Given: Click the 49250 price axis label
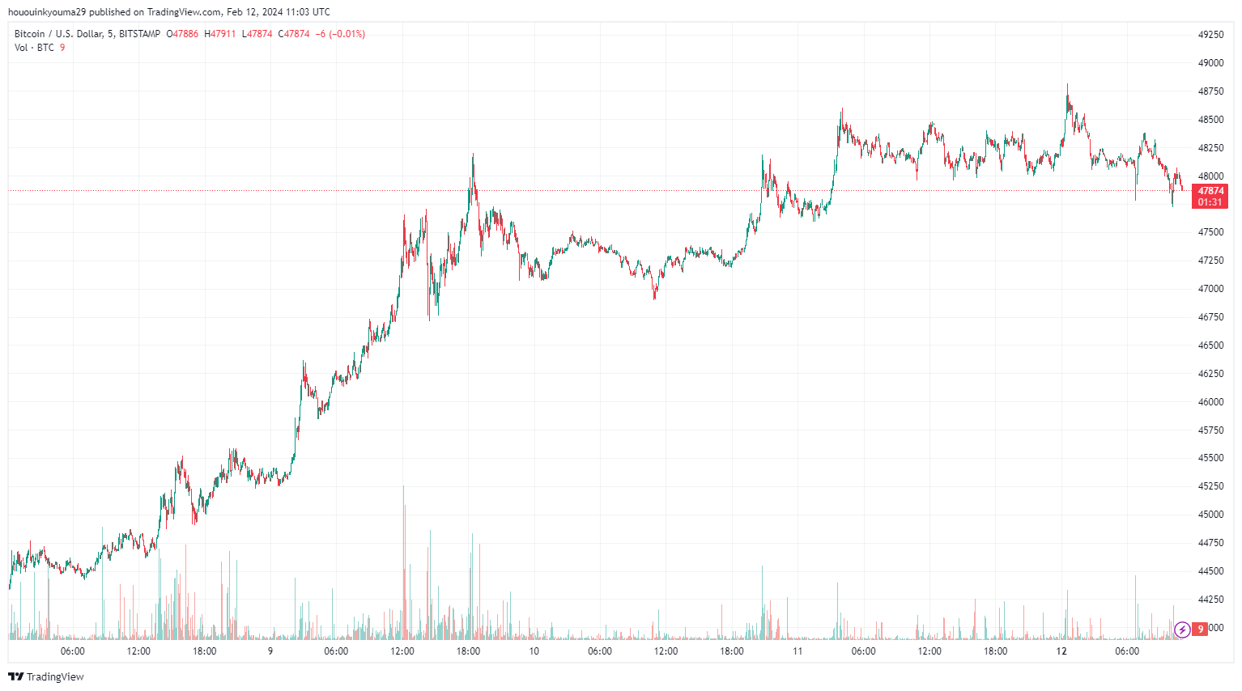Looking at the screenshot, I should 1210,35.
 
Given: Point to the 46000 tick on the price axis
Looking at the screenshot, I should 1210,402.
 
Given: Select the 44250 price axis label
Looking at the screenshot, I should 1210,600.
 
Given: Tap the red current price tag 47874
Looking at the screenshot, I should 1210,191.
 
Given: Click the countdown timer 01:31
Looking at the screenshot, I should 1210,202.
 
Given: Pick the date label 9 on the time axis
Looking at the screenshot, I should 270,651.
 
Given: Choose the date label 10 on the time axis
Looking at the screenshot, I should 534,651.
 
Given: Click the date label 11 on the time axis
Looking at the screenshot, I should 798,651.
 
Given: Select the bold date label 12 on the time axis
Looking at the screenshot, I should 1061,651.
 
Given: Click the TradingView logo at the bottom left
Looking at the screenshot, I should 46,676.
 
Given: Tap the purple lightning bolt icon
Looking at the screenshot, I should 1182,629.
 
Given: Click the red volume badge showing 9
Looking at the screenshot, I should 1200,629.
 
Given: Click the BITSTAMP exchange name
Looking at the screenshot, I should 139,34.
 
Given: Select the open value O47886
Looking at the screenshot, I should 182,34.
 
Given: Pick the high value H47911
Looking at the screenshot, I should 220,34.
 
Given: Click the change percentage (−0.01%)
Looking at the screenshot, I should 347,34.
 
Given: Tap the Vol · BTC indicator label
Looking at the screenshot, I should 34,48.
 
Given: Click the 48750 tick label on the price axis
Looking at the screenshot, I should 1210,91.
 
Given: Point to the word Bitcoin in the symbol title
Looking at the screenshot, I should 30,34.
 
